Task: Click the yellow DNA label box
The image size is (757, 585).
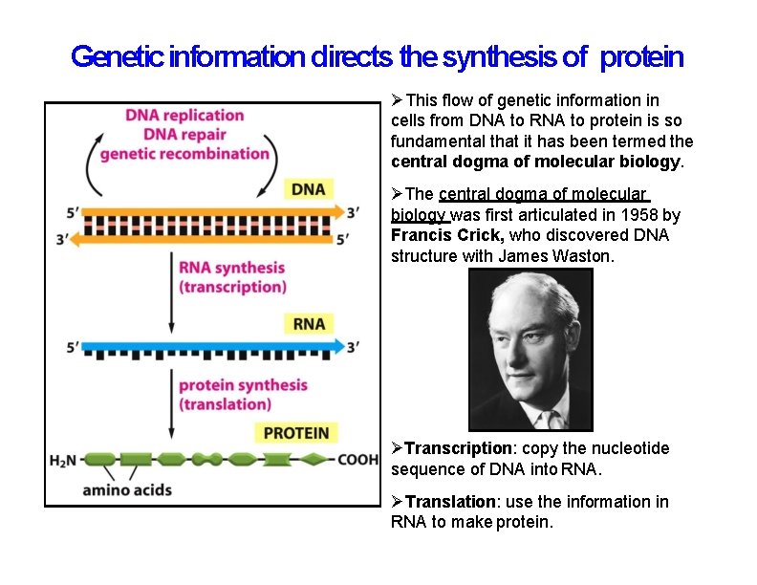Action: coord(308,189)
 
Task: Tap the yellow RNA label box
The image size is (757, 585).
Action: coord(309,324)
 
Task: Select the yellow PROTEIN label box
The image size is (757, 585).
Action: coord(295,433)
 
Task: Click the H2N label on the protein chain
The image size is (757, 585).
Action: coord(63,460)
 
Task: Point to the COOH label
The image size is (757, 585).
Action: coord(358,460)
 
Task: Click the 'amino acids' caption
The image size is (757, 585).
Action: coord(127,490)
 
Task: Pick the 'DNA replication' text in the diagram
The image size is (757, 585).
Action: coord(184,116)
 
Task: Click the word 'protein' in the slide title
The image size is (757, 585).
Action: coord(642,57)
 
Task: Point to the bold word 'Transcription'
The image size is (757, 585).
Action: coord(459,448)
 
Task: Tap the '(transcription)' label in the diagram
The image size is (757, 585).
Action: coord(232,287)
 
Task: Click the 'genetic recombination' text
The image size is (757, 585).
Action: coord(184,154)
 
